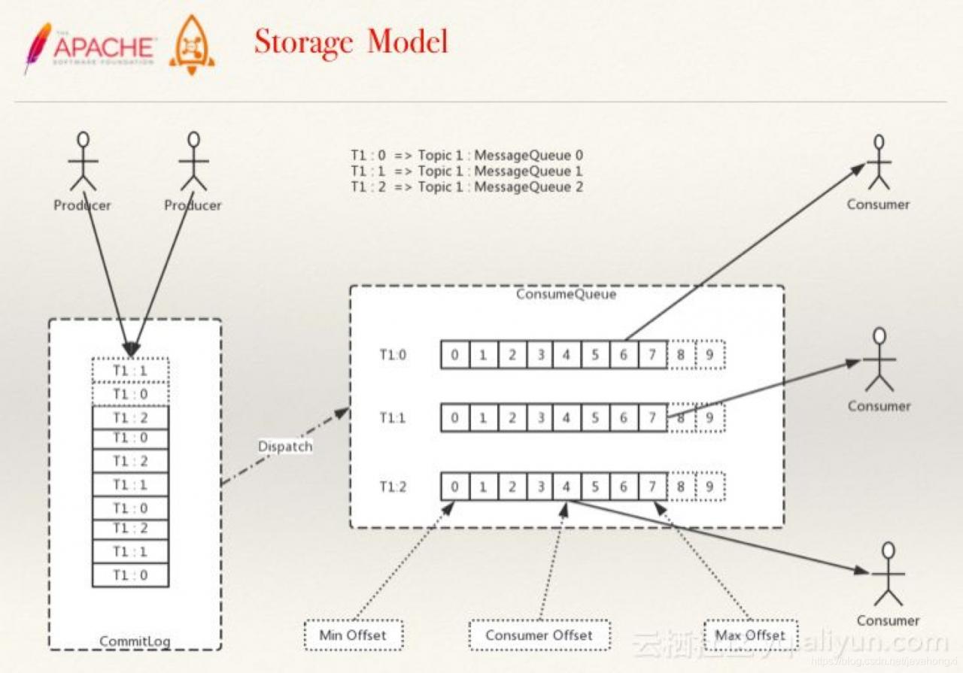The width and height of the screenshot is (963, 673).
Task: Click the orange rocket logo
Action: point(191,45)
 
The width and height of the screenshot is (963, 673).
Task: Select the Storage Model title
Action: point(351,42)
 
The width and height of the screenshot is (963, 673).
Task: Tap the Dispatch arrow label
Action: point(284,446)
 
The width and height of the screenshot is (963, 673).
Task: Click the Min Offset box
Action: point(353,635)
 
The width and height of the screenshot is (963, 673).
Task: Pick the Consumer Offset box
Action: point(539,635)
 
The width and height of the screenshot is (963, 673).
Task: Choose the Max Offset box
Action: point(750,635)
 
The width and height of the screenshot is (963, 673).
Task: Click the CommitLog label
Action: point(135,641)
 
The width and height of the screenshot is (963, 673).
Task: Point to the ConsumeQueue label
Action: point(566,294)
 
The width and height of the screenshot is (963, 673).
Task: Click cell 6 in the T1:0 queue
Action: point(623,355)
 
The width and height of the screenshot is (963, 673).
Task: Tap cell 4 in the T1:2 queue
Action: point(566,487)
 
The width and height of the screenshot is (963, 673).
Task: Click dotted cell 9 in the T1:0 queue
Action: point(709,355)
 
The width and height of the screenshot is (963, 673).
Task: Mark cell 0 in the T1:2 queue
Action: point(454,487)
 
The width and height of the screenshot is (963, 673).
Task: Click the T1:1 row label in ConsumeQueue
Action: point(392,417)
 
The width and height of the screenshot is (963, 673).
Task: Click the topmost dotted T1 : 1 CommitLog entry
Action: point(130,371)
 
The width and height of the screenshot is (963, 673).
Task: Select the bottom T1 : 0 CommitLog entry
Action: point(130,574)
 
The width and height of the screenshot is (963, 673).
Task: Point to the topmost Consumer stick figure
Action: point(878,162)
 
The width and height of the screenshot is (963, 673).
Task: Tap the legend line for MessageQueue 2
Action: point(466,186)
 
